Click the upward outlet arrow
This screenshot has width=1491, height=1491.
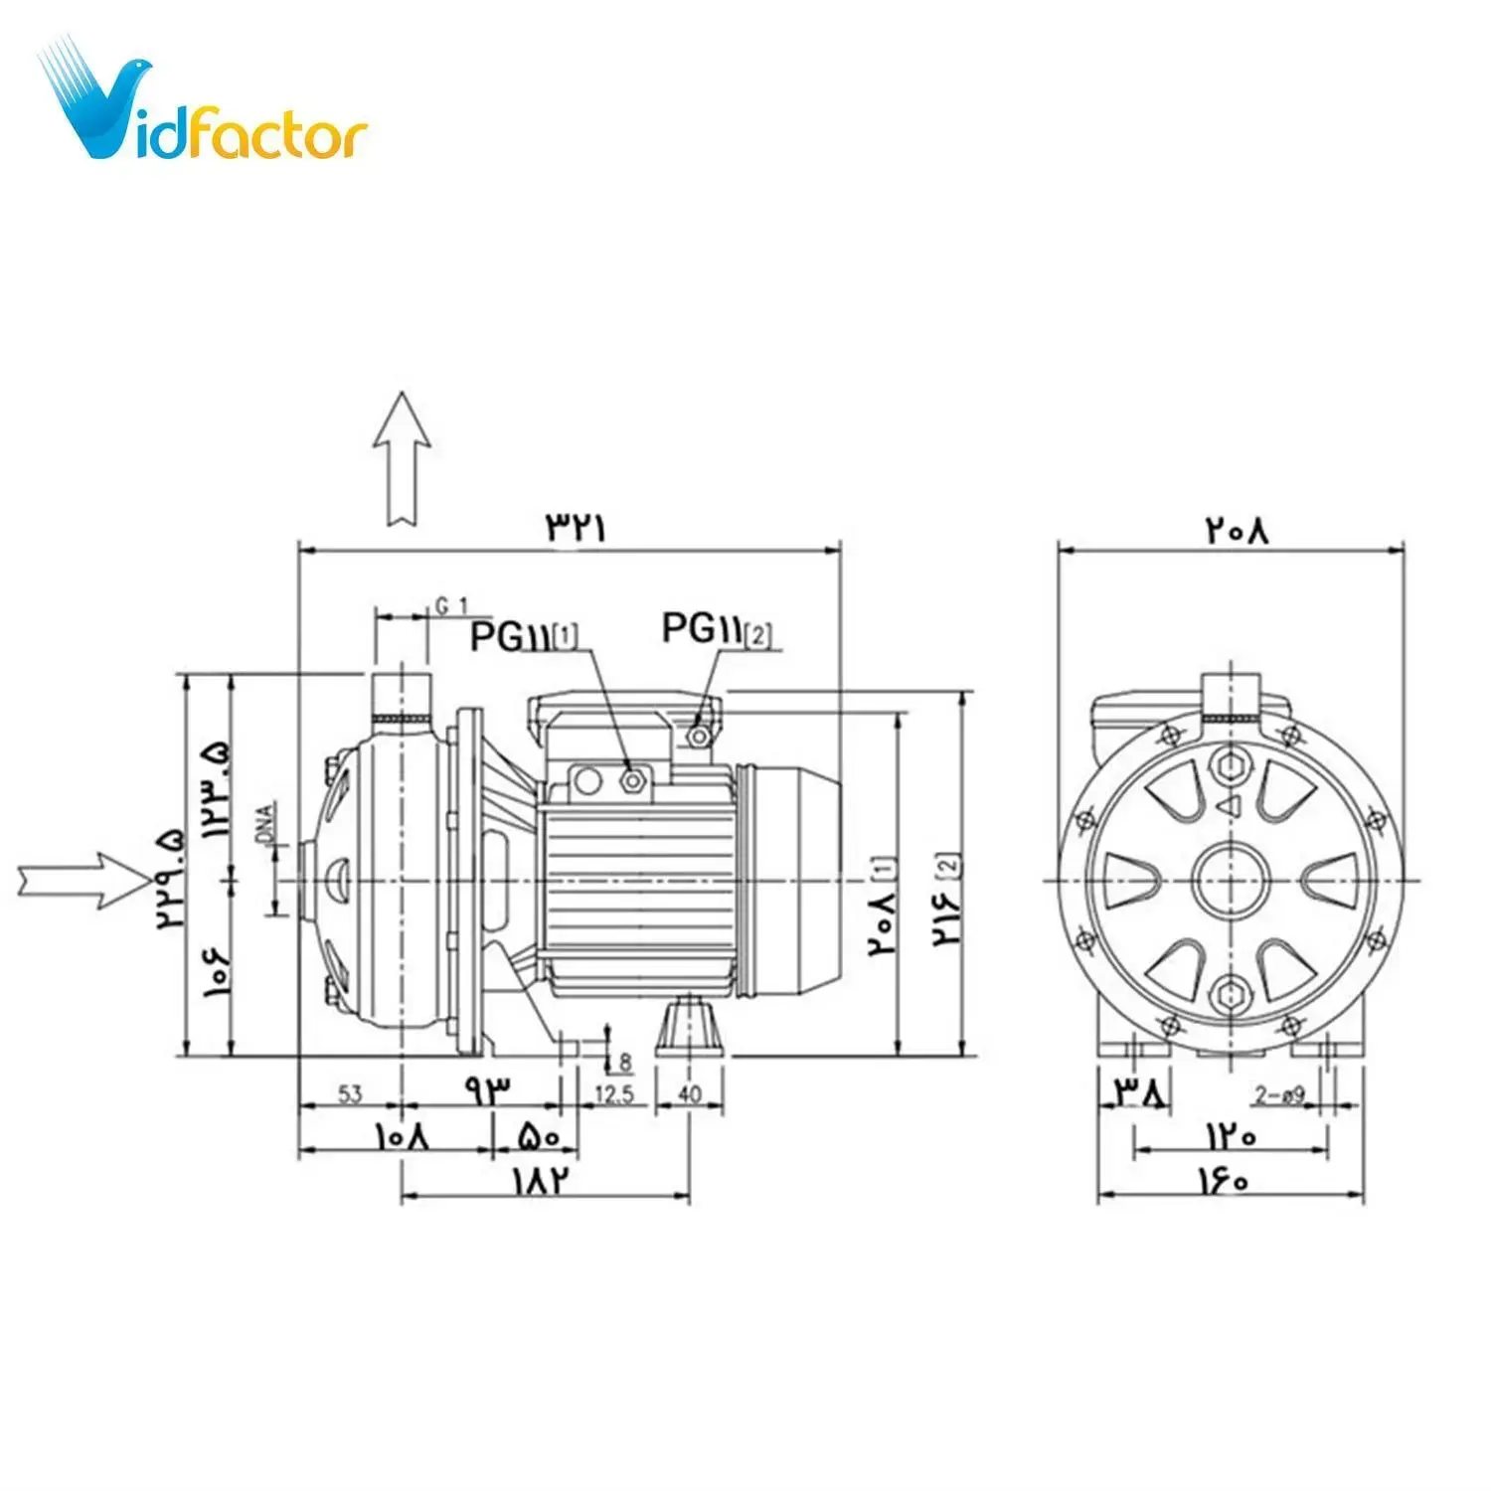(402, 457)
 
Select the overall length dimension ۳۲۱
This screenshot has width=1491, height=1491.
(575, 527)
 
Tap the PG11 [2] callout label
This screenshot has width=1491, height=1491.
(717, 629)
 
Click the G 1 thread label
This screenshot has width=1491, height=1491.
(451, 605)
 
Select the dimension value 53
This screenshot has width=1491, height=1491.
(350, 1094)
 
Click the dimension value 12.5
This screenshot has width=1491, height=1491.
(613, 1094)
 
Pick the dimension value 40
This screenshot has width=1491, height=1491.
(689, 1094)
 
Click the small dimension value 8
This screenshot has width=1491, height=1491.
(624, 1063)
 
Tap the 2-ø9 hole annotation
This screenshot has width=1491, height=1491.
(1279, 1095)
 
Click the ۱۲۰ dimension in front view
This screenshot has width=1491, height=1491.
(1232, 1134)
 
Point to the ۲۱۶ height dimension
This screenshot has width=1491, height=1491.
(945, 900)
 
